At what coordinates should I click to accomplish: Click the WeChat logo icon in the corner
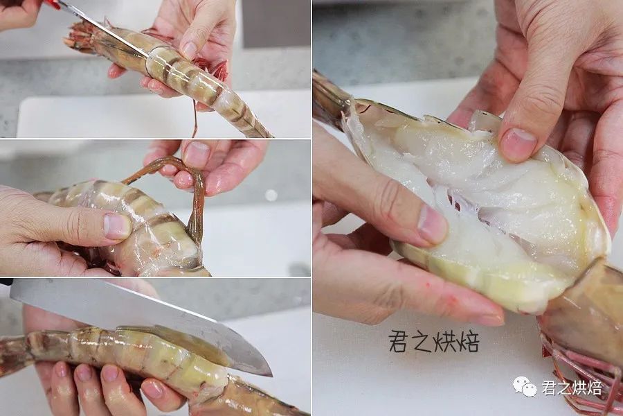(525, 387)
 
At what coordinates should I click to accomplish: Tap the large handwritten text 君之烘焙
(434, 342)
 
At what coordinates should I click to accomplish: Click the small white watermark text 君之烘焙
(572, 388)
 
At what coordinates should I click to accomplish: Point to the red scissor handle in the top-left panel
(52, 4)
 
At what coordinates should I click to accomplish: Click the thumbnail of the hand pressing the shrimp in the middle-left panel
(117, 226)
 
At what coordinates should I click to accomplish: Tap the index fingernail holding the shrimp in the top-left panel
(190, 51)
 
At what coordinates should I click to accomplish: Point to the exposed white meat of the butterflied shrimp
(477, 191)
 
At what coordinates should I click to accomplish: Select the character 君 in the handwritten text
(398, 342)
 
